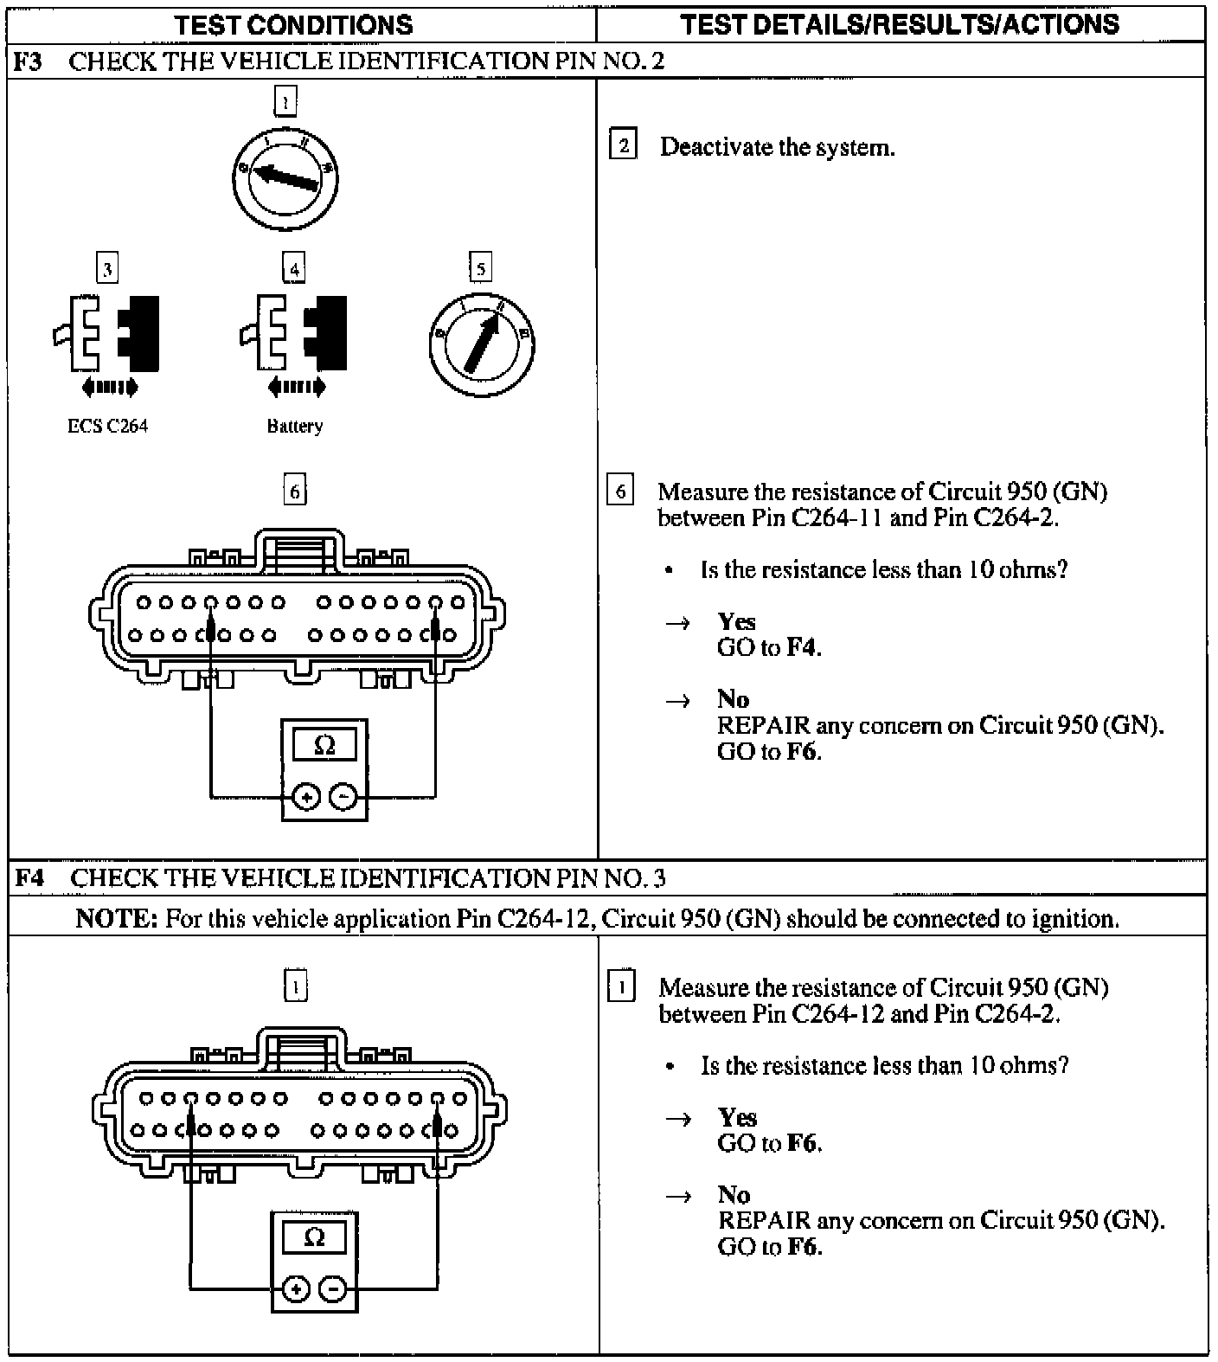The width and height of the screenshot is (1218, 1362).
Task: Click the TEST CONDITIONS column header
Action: point(294,24)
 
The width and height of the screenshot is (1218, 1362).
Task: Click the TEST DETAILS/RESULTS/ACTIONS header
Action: point(900,24)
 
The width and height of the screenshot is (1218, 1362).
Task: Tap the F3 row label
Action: point(29,61)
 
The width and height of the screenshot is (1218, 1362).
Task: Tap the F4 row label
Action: point(29,878)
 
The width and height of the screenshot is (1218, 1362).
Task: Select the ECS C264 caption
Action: point(107,427)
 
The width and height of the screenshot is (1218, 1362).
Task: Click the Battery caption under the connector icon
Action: point(295,427)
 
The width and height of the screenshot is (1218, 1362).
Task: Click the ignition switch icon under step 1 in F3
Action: point(285,178)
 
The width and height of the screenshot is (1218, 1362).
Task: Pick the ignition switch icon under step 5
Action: point(481,344)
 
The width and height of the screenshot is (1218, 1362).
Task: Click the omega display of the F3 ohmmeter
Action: point(324,745)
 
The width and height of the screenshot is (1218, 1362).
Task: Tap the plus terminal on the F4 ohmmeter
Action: point(297,1289)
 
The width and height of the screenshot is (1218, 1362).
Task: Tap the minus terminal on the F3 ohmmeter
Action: point(344,796)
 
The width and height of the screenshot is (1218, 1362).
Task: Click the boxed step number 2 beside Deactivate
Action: point(622,145)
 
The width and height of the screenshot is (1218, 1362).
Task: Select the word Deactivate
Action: point(715,147)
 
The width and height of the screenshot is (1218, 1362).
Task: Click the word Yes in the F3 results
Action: point(736,621)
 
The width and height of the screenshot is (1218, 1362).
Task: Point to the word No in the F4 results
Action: point(734,1195)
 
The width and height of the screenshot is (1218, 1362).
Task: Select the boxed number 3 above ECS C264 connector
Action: point(107,269)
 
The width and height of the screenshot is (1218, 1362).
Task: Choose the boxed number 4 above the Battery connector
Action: point(294,269)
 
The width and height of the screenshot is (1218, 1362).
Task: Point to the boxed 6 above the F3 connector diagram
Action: point(295,491)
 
